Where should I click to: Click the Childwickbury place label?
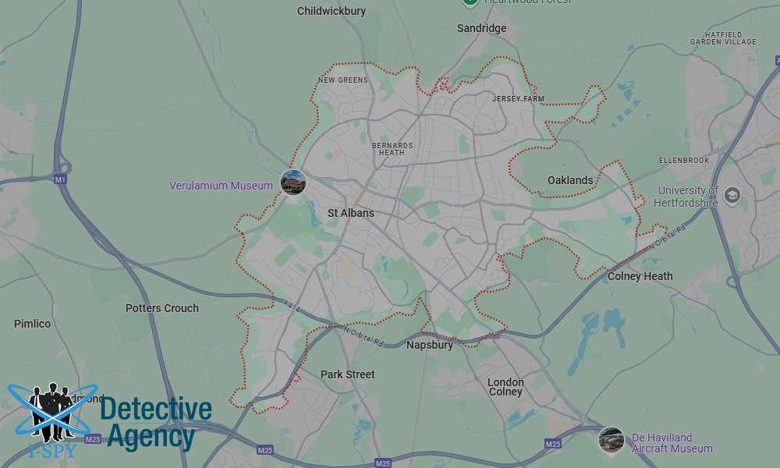click(x=331, y=11)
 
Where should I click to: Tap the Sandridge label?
click(x=481, y=28)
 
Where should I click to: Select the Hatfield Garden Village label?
click(x=723, y=39)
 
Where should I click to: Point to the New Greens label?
click(x=343, y=80)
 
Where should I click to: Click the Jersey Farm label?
click(x=518, y=99)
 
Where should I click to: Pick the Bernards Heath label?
click(x=388, y=149)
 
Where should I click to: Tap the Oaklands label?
click(x=570, y=180)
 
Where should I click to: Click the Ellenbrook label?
click(x=684, y=161)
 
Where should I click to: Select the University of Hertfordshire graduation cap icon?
click(x=732, y=195)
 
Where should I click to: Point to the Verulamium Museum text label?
click(x=222, y=186)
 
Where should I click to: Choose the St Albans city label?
click(x=350, y=213)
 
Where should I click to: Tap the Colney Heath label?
click(x=640, y=276)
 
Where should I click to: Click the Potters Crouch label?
click(x=162, y=308)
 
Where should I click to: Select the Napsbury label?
click(x=429, y=345)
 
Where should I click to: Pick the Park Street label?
click(x=348, y=374)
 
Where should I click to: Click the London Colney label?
click(x=505, y=387)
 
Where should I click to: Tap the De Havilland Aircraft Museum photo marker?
click(x=611, y=440)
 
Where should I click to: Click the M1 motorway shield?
click(x=60, y=179)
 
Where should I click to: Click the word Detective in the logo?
click(x=156, y=409)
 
